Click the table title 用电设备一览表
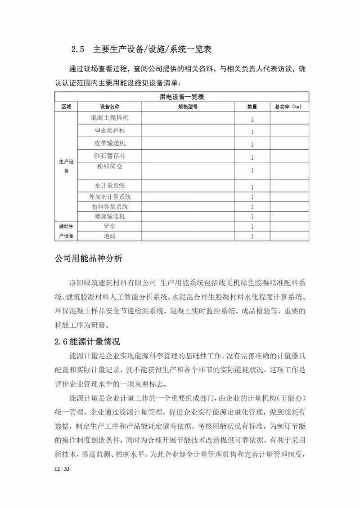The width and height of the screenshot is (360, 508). pyautogui.click(x=182, y=97)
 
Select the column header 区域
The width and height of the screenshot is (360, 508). pyautogui.click(x=66, y=107)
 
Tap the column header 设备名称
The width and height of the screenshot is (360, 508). pyautogui.click(x=110, y=107)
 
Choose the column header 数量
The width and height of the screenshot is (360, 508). pyautogui.click(x=252, y=107)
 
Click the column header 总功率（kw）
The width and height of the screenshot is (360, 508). pyautogui.click(x=288, y=107)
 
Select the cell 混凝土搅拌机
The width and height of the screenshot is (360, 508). pyautogui.click(x=110, y=118)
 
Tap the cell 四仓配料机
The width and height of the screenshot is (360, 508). pyautogui.click(x=110, y=131)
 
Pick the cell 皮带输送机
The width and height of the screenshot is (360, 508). pyautogui.click(x=110, y=144)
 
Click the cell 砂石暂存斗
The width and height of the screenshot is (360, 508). pyautogui.click(x=110, y=156)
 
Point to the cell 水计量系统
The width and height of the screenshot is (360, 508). pyautogui.click(x=110, y=186)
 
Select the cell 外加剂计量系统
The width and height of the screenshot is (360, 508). pyautogui.click(x=110, y=197)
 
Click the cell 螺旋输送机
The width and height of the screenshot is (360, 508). pyautogui.click(x=110, y=216)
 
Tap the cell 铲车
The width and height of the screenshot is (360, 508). pyautogui.click(x=110, y=226)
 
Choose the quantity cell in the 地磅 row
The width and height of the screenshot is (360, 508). pyautogui.click(x=252, y=236)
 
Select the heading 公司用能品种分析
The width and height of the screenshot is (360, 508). pyautogui.click(x=88, y=260)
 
